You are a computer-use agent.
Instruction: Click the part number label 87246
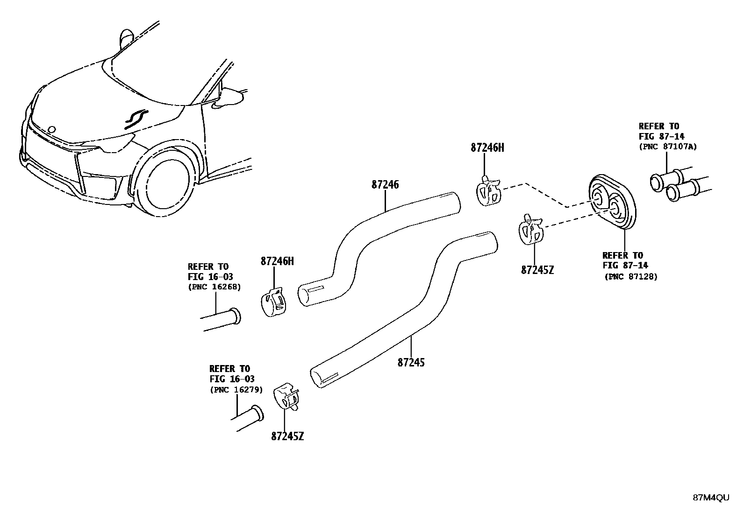tap(385, 185)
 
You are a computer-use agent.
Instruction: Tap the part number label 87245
tap(411, 362)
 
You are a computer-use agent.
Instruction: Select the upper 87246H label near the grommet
tap(487, 148)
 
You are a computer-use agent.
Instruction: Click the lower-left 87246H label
tap(277, 261)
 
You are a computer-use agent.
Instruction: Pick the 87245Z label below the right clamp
tap(537, 270)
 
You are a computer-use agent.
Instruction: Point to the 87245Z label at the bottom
tap(287, 437)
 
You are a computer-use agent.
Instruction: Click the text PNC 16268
tap(215, 287)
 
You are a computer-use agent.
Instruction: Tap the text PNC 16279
tap(236, 390)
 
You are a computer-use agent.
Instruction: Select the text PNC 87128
tap(631, 277)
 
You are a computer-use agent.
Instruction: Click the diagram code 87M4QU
tap(710, 498)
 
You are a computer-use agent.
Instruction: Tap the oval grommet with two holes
tap(611, 202)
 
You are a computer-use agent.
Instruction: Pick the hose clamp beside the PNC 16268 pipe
tap(274, 302)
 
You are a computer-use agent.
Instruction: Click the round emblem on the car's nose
tap(52, 129)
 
